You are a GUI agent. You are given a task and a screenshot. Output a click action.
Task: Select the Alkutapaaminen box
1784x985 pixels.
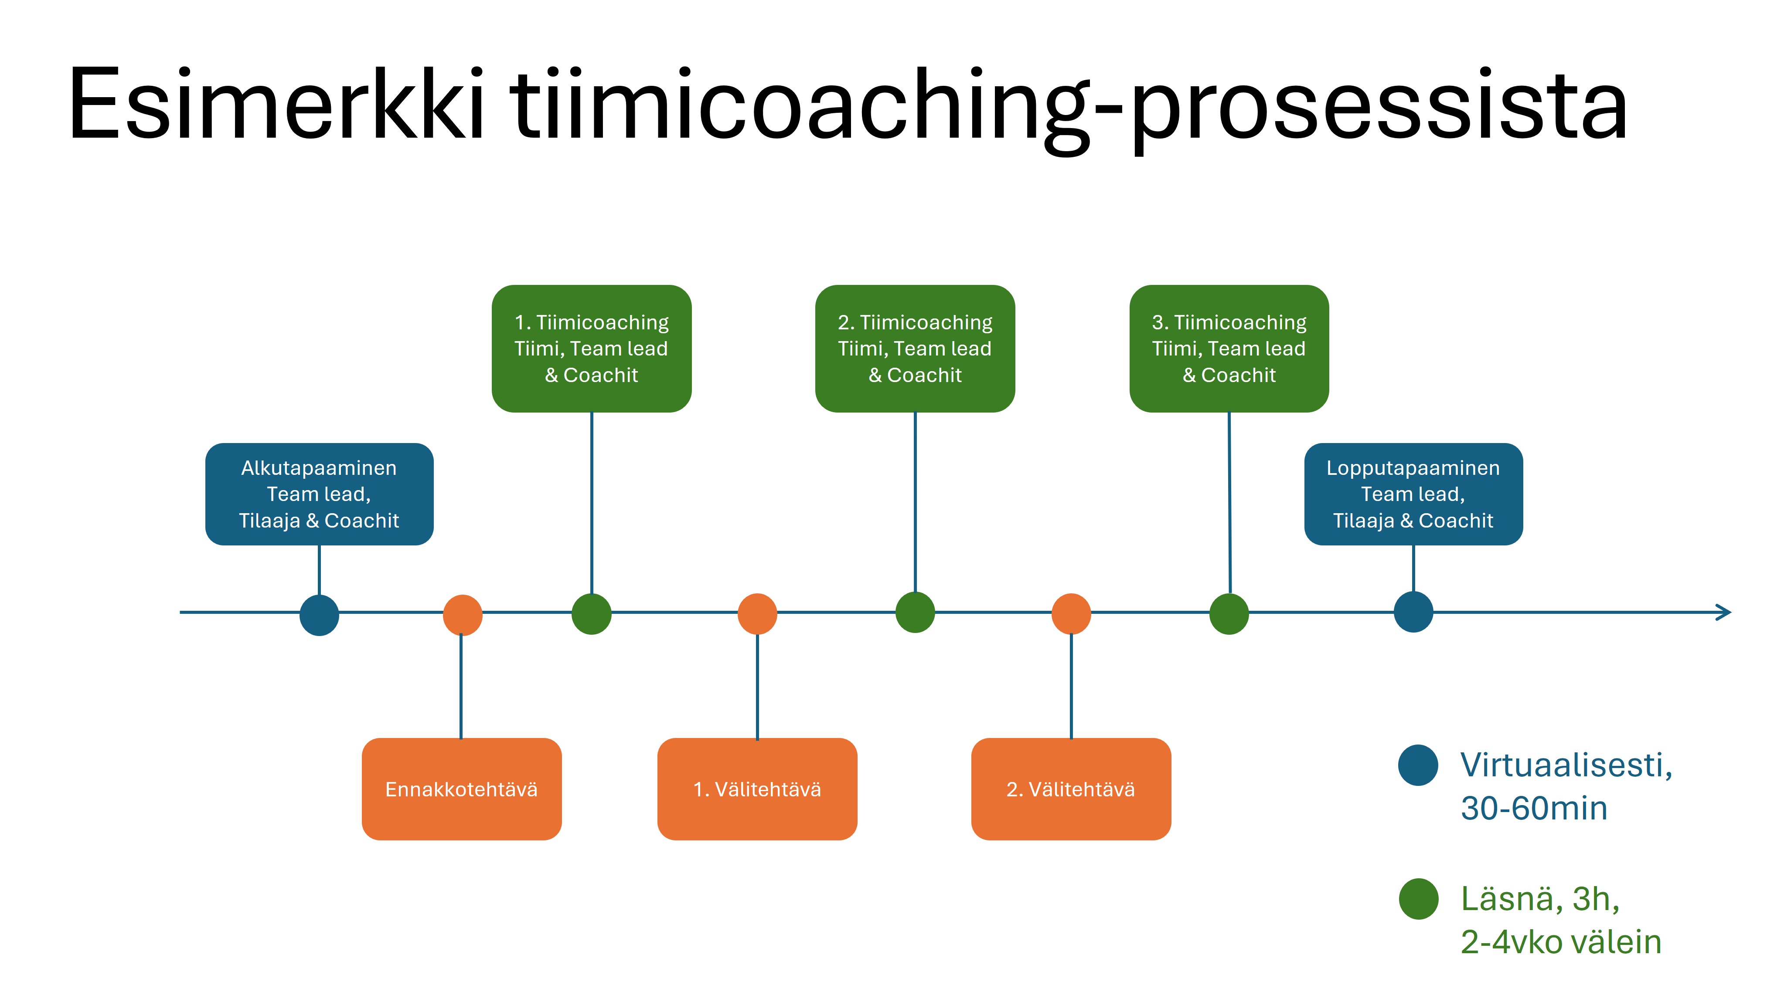(x=319, y=494)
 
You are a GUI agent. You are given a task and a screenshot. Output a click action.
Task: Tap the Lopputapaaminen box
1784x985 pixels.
(x=1413, y=494)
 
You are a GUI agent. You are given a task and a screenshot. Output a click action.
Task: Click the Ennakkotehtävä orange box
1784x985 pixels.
(x=461, y=789)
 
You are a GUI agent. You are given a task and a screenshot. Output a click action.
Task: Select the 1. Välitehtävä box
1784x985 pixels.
(x=757, y=789)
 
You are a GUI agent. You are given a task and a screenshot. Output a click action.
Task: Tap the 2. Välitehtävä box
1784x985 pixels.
(x=1071, y=789)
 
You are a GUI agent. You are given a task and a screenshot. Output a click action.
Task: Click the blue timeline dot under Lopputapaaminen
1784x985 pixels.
(x=1413, y=612)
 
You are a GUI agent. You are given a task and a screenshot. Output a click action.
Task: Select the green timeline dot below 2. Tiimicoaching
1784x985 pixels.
(x=915, y=613)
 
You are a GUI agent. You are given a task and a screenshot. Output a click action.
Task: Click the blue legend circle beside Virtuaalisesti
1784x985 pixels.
(x=1418, y=765)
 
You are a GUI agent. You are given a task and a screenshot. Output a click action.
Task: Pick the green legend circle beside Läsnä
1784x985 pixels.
(x=1418, y=898)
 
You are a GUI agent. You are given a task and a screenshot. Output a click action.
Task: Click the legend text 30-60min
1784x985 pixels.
(x=1533, y=808)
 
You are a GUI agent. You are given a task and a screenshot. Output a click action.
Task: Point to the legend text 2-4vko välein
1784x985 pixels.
(x=1560, y=941)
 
